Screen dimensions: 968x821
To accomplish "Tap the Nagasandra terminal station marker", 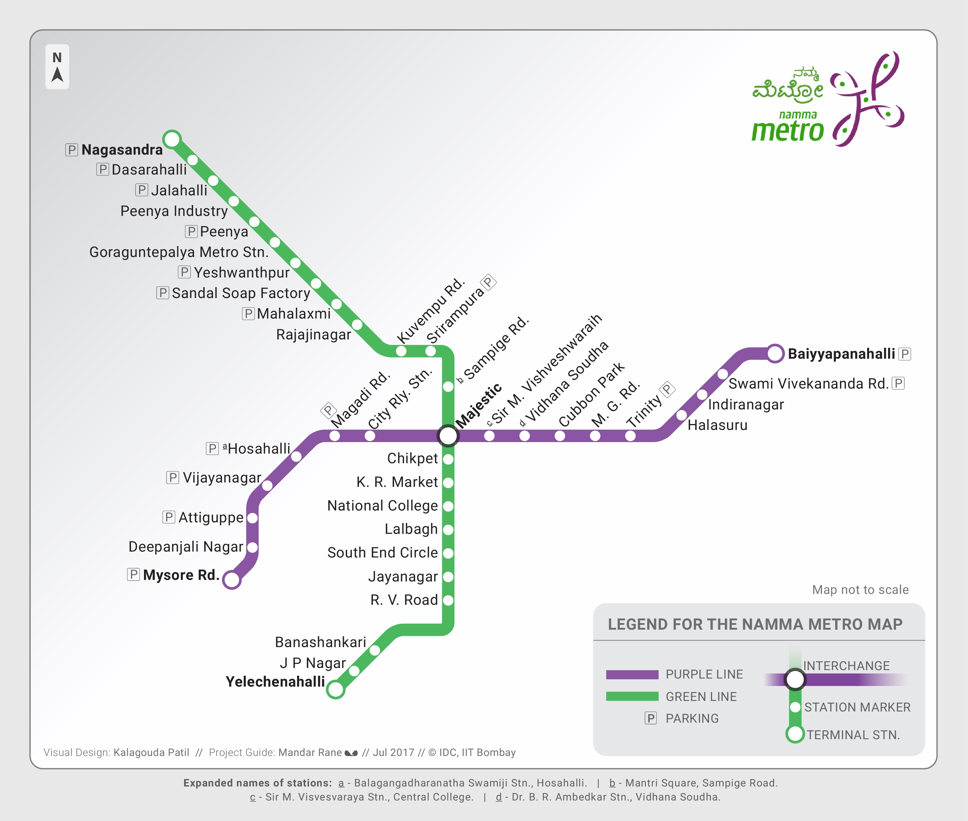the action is (172, 139).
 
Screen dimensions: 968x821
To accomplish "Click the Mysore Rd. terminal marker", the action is (232, 580).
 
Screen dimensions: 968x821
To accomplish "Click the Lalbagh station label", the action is (411, 529).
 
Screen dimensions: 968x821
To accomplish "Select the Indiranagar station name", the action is (746, 404).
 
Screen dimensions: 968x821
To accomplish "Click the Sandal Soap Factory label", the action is (241, 293).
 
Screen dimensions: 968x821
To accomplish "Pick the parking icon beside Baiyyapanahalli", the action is (905, 354).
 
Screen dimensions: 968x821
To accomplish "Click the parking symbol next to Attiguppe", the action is (169, 517).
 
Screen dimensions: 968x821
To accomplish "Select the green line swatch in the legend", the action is (632, 696).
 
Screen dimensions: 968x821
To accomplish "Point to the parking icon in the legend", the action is (651, 718).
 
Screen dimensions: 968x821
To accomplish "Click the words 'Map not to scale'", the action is (860, 590).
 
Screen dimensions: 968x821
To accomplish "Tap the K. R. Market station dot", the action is (448, 483).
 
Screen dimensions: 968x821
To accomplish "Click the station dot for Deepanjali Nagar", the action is (252, 547).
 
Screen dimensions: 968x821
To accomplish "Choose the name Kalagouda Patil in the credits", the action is (151, 753).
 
